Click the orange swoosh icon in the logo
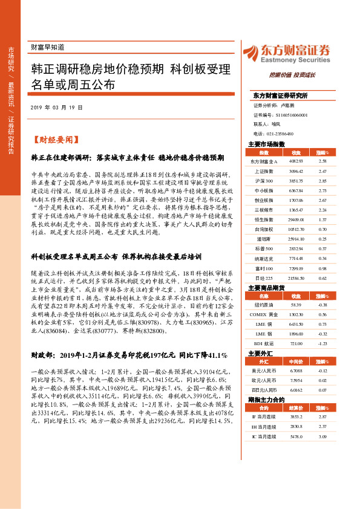[252, 52]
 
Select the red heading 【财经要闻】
[55, 138]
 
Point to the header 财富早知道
[47, 47]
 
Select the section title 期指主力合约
[266, 400]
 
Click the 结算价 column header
[296, 408]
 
